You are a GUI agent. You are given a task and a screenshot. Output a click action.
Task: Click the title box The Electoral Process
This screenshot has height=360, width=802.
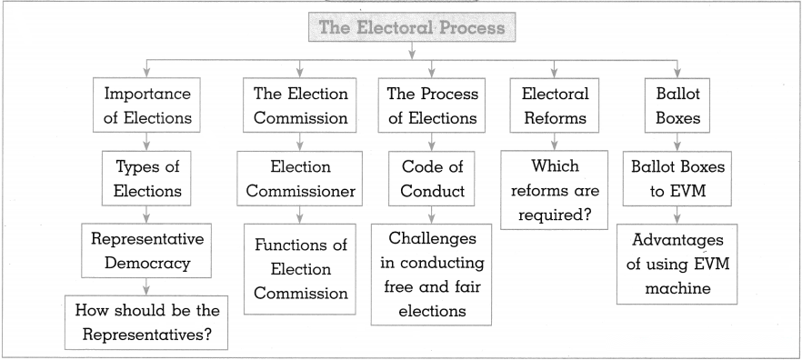412,26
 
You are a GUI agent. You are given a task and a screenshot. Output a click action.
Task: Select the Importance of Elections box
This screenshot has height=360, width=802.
146,105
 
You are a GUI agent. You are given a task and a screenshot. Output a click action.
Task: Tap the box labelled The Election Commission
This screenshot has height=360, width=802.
300,105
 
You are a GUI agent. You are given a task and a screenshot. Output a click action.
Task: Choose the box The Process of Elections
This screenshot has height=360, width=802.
432,105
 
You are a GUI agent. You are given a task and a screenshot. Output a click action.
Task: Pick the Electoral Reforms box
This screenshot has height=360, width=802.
555,105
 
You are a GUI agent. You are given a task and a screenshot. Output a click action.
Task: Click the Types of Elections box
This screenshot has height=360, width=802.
146,178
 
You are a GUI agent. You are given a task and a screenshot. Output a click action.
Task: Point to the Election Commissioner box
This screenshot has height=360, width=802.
300,178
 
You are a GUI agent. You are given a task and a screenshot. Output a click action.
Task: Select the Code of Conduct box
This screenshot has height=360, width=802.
432,178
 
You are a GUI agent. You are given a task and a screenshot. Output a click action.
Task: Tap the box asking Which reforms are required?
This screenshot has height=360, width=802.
555,190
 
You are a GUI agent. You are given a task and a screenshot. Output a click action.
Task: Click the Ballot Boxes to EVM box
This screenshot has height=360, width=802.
677,178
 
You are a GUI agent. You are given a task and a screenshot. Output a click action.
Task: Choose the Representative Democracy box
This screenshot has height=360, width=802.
146,251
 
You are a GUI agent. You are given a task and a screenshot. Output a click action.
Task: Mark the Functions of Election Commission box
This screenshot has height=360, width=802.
300,269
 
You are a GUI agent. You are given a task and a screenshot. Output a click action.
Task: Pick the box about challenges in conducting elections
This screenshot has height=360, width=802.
431,275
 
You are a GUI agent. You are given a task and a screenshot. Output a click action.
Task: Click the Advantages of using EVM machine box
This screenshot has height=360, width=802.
677,264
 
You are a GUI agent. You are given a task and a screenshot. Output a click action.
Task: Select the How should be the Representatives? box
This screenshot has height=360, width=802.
146,322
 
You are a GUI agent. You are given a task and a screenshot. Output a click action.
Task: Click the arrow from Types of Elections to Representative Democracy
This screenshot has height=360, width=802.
146,215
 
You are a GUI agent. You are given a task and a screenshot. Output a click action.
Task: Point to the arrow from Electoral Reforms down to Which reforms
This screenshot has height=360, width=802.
555,141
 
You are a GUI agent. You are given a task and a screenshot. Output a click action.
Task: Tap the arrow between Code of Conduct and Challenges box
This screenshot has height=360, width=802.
432,215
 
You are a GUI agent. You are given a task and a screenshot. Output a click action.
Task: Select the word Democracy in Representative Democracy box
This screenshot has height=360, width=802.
147,264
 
